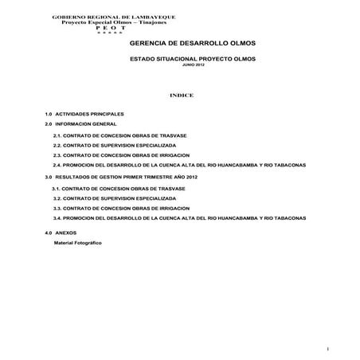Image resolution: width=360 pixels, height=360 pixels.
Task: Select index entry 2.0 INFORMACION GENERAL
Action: tap(80, 125)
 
